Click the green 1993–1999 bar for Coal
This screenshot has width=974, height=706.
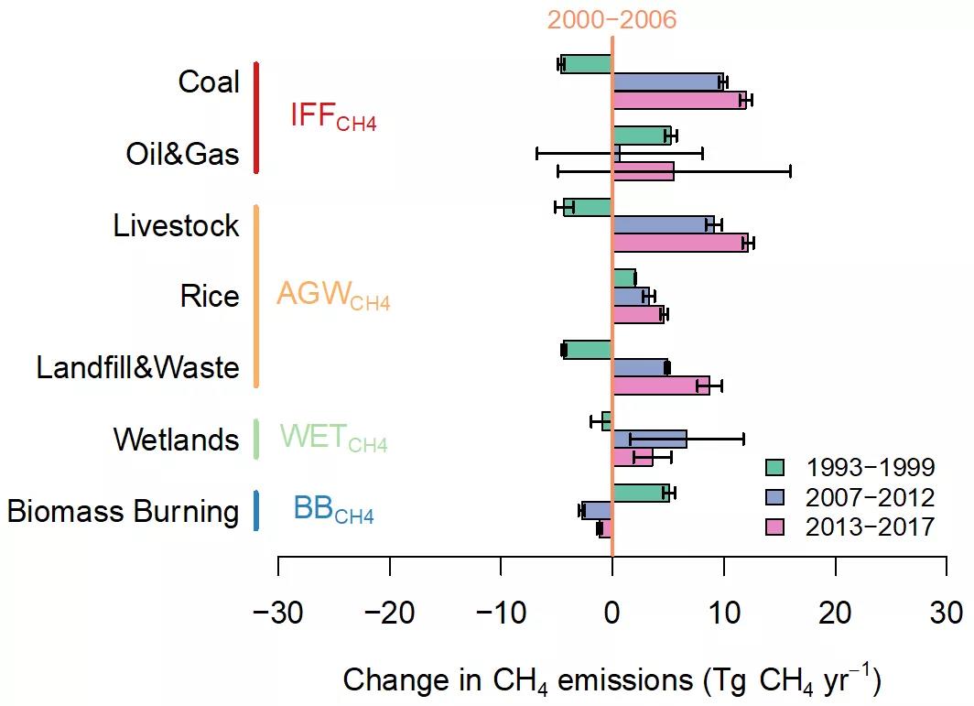[586, 64]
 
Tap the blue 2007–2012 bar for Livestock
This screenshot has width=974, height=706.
[663, 224]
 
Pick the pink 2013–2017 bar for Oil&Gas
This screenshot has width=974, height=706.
[643, 171]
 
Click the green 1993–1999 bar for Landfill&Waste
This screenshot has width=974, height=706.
[587, 350]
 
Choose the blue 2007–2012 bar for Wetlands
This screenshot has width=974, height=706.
[649, 440]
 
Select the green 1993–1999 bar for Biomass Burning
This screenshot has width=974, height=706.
[641, 493]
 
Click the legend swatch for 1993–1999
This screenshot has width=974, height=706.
[775, 468]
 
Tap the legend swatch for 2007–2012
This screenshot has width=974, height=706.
[775, 497]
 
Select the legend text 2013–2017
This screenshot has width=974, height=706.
[870, 527]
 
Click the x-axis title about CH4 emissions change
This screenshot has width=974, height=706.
[611, 679]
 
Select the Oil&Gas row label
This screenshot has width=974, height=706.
[183, 154]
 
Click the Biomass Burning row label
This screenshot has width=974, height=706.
[124, 511]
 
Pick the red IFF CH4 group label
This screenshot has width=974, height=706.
[333, 116]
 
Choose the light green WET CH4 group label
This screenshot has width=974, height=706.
[333, 439]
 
